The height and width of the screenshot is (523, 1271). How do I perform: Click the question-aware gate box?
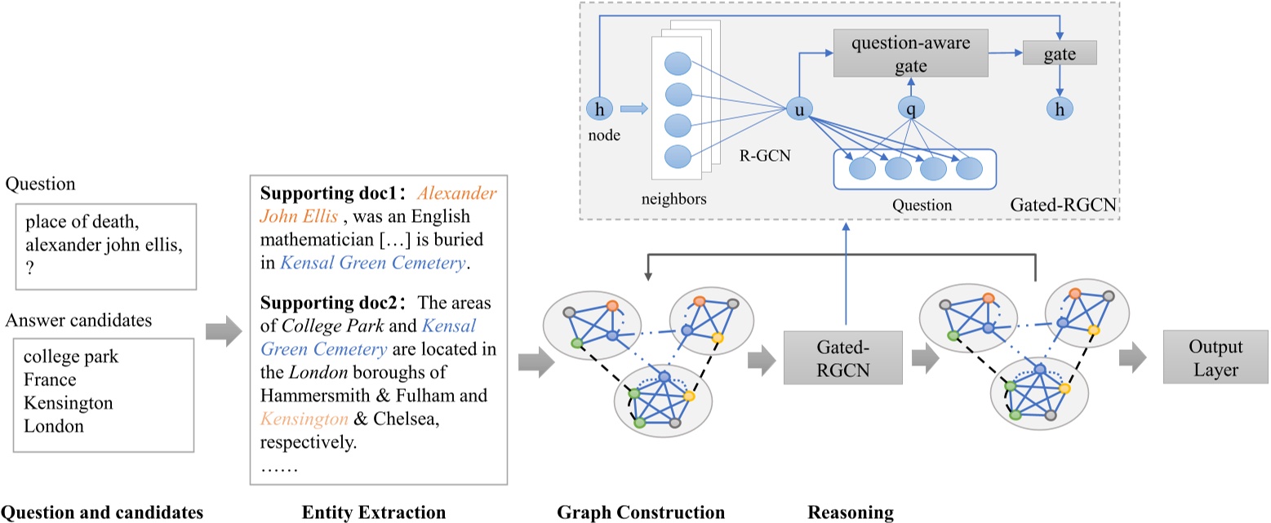pyautogui.click(x=910, y=53)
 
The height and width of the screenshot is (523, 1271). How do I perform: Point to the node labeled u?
pyautogui.click(x=798, y=107)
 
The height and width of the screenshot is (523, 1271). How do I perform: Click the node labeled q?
pyautogui.click(x=910, y=107)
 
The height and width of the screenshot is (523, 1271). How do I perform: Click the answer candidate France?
pyautogui.click(x=50, y=380)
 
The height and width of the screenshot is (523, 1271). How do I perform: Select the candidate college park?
pyautogui.click(x=62, y=357)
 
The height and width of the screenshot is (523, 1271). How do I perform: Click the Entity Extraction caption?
pyautogui.click(x=374, y=512)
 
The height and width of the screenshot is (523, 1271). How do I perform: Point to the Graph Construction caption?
pyautogui.click(x=641, y=512)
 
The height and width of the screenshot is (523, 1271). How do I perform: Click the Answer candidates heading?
pyautogui.click(x=78, y=320)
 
